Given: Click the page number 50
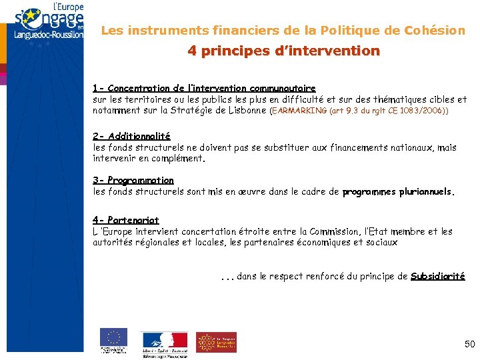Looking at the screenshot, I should [x=469, y=344].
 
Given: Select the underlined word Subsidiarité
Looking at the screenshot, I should [x=438, y=276].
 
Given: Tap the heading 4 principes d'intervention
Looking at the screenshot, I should [x=283, y=51].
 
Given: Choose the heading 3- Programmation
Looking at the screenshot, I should [x=133, y=180].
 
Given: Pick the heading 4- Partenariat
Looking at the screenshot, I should [x=126, y=220].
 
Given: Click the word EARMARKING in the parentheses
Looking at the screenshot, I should [x=299, y=111].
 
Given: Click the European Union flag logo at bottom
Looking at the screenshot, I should [x=113, y=339].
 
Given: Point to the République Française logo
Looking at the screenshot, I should [x=165, y=342].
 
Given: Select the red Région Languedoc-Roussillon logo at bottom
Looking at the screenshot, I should [x=216, y=342].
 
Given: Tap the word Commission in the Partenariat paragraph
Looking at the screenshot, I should [x=325, y=231].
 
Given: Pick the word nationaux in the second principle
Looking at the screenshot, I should [x=395, y=147].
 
